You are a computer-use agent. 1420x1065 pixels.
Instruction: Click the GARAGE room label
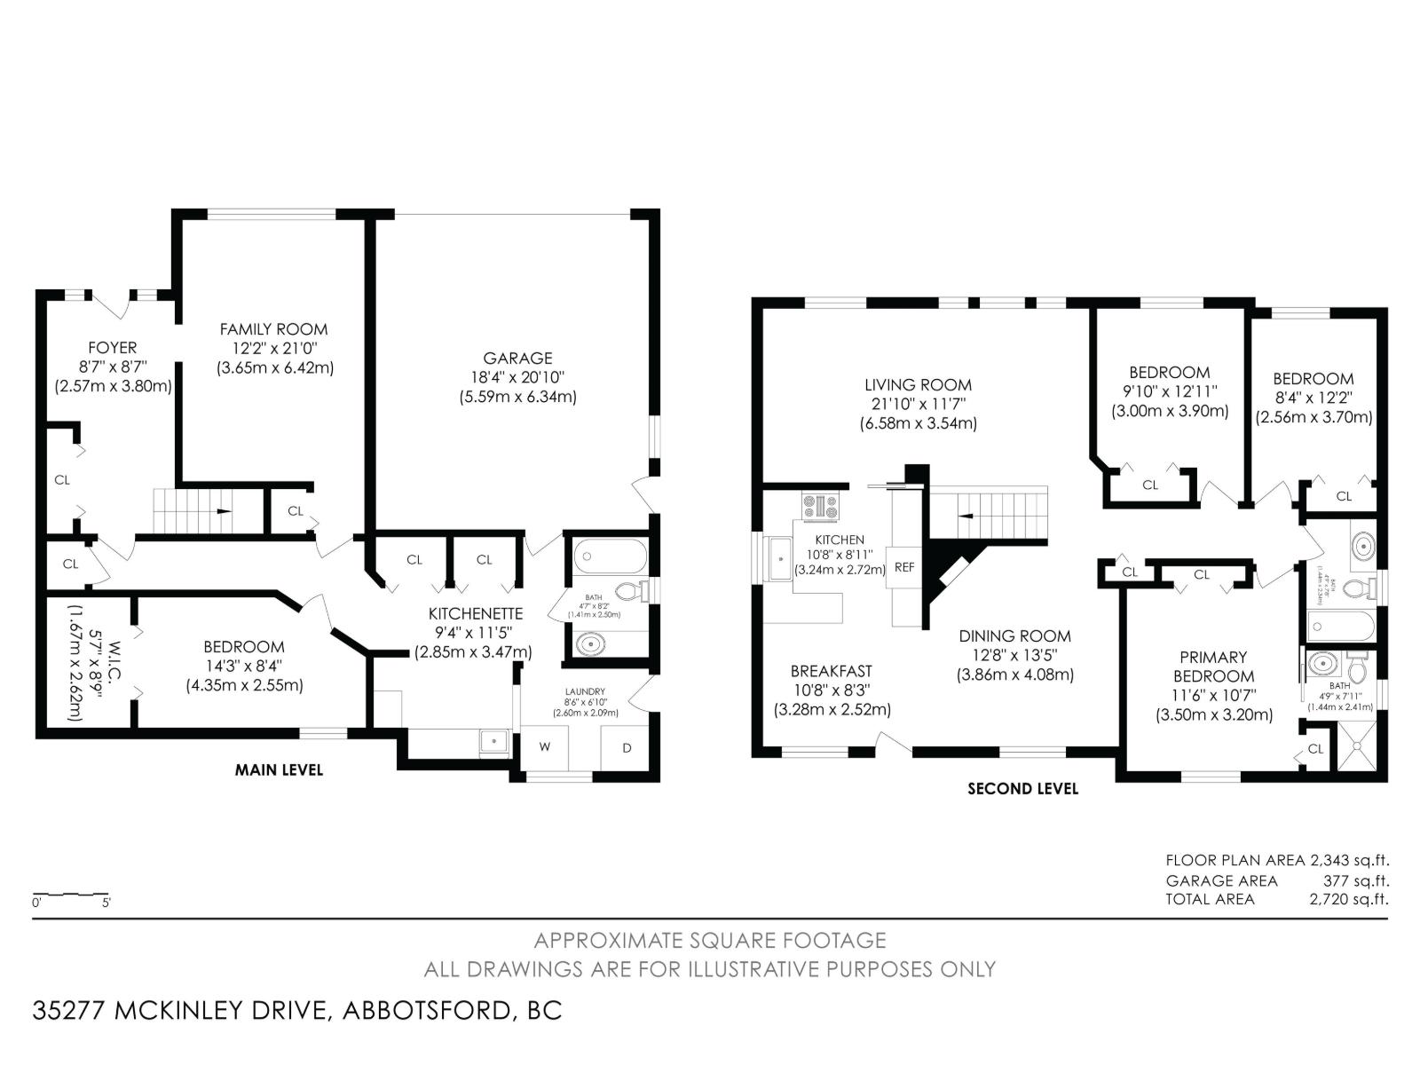517,358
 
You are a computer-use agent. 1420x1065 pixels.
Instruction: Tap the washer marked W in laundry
545,747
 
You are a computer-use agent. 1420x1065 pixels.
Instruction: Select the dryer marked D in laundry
627,748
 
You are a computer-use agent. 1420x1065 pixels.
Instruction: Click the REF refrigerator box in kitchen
903,567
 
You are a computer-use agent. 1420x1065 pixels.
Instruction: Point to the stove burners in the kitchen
820,506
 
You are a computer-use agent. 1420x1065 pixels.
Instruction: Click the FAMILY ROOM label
274,329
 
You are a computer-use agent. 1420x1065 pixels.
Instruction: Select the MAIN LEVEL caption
279,769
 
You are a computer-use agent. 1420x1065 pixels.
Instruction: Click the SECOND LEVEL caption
1022,788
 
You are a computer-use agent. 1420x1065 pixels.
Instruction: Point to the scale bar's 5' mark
106,903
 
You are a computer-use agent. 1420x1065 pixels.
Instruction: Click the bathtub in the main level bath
609,558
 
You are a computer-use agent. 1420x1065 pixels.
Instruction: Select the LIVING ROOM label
918,384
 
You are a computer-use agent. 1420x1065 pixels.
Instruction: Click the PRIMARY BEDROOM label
1213,667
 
